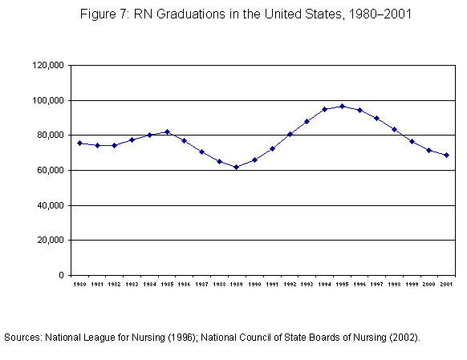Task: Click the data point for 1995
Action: (x=342, y=106)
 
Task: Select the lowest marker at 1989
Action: (x=237, y=168)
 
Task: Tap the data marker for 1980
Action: (x=79, y=143)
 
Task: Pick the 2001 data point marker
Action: (x=446, y=155)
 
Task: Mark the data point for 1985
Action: (x=167, y=131)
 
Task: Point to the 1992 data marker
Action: (x=290, y=134)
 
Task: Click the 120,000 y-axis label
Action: (x=48, y=65)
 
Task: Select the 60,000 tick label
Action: (x=51, y=170)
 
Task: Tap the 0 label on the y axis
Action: (x=61, y=275)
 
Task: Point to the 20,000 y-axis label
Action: (x=51, y=240)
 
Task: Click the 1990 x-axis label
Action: (x=254, y=285)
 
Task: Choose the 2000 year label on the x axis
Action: (x=428, y=285)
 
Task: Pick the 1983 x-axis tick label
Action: (x=132, y=285)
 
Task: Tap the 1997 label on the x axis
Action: (x=377, y=285)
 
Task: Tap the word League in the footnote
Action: (x=95, y=338)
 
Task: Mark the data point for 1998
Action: (x=394, y=129)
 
